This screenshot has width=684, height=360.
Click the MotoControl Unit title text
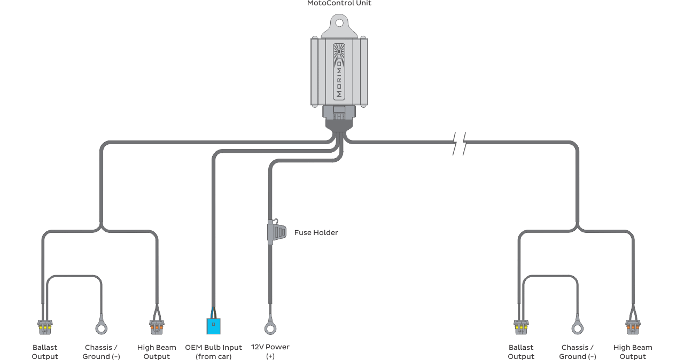pos(339,3)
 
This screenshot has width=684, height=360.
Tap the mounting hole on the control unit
pos(339,23)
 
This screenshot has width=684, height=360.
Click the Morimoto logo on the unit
pos(339,72)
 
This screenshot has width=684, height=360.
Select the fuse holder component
pos(277,232)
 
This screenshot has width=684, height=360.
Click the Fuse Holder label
pos(316,232)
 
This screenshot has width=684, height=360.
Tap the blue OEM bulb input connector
pos(213,326)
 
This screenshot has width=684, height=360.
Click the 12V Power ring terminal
pos(270,328)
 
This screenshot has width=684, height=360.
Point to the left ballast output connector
pos(45,327)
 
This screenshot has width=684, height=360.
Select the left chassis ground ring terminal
pos(102,328)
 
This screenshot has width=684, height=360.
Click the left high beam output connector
pos(157,327)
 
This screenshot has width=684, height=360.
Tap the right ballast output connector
pos(521,327)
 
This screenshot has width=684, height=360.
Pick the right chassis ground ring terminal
pos(578,328)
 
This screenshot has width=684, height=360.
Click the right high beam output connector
pos(633,327)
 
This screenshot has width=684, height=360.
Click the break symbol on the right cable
pos(460,143)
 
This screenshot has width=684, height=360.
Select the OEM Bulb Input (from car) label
pos(213,352)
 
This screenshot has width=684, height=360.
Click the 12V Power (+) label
pos(270,351)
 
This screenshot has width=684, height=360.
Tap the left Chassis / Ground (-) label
pos(101,352)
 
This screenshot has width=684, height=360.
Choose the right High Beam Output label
pos(633,352)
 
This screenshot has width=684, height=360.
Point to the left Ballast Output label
pos(45,352)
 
